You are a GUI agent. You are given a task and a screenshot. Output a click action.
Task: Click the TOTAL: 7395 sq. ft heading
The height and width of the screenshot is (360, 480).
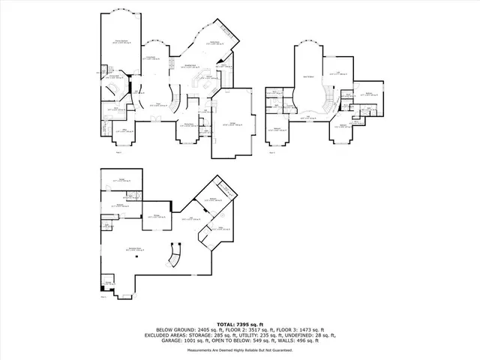[x=239, y=322]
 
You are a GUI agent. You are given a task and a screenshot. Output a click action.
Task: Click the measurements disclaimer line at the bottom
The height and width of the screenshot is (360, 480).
[x=239, y=350]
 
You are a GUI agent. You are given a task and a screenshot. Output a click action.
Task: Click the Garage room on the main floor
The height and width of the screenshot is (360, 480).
[x=233, y=124]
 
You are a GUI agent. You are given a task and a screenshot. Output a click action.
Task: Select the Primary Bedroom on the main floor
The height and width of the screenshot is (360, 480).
[x=119, y=41]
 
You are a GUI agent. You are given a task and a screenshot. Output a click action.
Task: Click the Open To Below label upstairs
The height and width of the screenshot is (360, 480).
[x=306, y=77]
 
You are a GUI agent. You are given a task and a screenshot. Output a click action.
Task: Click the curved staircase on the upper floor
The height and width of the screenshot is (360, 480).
[x=326, y=97]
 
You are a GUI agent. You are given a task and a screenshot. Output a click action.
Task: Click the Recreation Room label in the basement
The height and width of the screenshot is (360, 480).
[x=136, y=248]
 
